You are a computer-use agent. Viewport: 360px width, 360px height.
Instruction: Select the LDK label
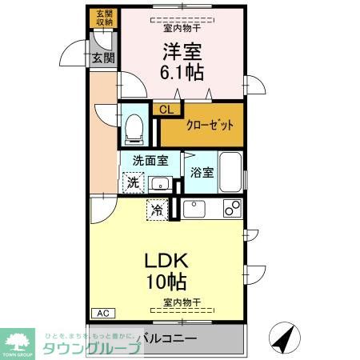pos(166,262)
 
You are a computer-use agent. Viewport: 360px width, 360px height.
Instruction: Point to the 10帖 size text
pos(166,282)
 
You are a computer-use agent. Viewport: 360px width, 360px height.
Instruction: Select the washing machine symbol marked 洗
pos(134,182)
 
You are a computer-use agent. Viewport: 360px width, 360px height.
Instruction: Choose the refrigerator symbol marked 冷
pos(157,210)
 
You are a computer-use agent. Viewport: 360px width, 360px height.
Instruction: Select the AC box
pos(102,313)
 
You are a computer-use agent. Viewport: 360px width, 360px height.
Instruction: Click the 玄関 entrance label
pos(102,58)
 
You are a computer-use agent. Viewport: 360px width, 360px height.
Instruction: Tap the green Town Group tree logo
pos(18,339)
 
